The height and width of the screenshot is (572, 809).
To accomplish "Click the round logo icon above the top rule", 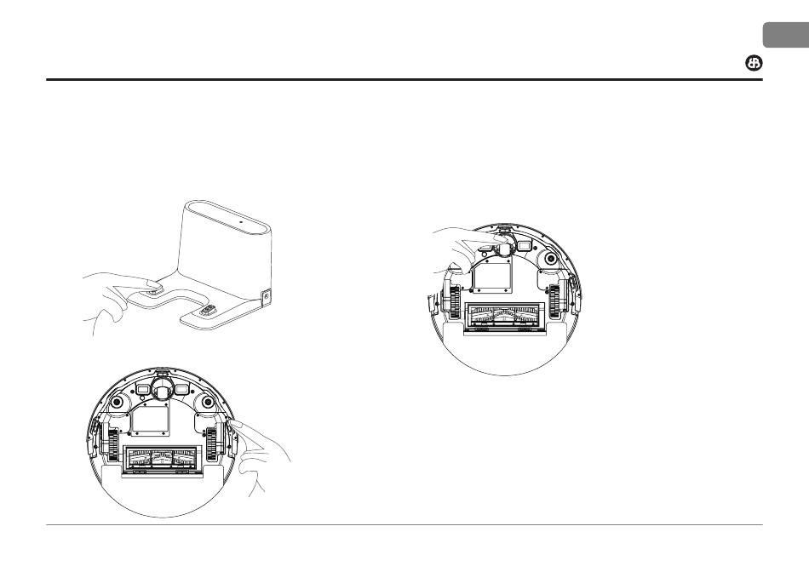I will [x=754, y=65].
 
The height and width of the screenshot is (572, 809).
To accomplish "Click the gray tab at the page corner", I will [x=785, y=36].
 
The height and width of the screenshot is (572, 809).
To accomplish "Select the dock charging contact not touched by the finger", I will [x=207, y=310].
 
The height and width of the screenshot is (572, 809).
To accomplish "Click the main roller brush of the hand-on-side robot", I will [x=159, y=460].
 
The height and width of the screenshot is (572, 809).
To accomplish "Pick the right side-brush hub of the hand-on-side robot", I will [x=205, y=400].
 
